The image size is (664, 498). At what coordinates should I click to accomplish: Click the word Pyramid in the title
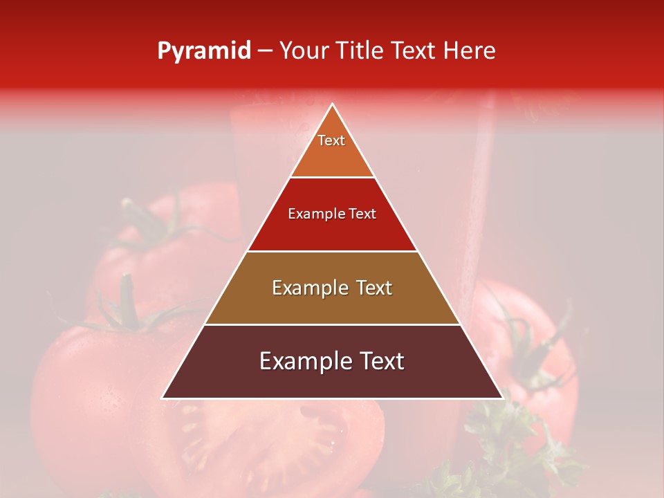[x=204, y=51]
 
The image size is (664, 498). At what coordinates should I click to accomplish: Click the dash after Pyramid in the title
[x=265, y=51]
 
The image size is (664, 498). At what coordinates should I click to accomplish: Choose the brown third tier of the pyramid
[x=332, y=304]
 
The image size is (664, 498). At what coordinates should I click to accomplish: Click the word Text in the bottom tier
[x=380, y=361]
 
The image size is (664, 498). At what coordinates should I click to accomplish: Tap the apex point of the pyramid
[x=332, y=104]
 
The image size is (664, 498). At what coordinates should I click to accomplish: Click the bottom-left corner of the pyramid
[x=163, y=398]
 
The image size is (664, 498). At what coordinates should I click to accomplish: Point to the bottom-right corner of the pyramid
[x=502, y=398]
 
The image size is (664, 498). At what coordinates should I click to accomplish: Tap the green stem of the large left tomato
[x=128, y=304]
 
